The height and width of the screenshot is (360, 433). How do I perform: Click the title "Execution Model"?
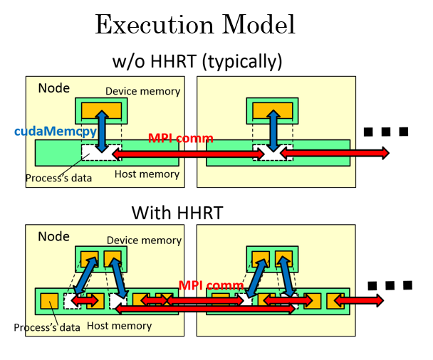[195, 25]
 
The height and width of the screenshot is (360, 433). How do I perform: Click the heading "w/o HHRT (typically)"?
[197, 61]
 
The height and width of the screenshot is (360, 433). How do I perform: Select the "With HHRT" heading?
[177, 213]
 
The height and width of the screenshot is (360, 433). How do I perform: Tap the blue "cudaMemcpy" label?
[56, 132]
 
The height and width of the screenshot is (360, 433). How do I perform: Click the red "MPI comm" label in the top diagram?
[181, 138]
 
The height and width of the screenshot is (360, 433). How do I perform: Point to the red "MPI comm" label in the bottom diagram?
[212, 285]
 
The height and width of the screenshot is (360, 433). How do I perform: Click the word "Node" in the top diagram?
[54, 88]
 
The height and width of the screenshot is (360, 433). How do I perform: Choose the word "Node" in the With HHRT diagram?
[53, 236]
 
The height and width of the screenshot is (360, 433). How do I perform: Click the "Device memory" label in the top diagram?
[142, 91]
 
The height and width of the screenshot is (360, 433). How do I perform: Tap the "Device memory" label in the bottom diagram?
[144, 240]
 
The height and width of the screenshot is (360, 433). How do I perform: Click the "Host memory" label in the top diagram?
[147, 174]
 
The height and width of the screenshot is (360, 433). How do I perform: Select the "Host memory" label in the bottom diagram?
[120, 326]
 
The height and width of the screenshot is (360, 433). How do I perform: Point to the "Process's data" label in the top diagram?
[58, 178]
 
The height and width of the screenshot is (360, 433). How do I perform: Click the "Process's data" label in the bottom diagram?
[47, 327]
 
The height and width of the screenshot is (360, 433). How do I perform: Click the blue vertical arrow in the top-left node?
[102, 132]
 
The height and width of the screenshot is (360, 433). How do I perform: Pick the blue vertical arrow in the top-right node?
[273, 131]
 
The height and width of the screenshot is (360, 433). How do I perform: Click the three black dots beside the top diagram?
[386, 132]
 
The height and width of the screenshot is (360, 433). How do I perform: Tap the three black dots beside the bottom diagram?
[390, 285]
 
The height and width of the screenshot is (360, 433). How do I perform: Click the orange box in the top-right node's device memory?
[273, 110]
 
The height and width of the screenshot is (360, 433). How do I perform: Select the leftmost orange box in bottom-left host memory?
[49, 301]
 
